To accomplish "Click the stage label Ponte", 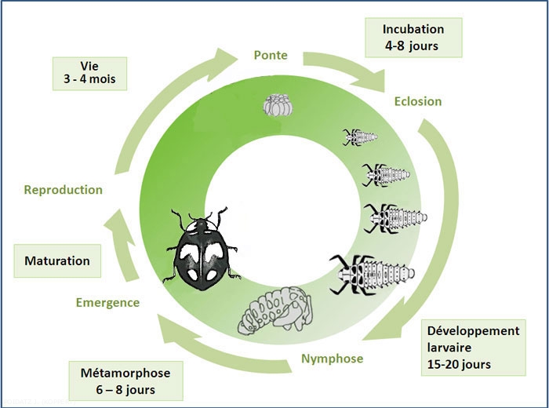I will click(x=271, y=55).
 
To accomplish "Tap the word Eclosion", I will click(x=417, y=101).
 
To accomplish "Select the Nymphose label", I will click(x=332, y=359).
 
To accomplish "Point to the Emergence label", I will click(x=107, y=302).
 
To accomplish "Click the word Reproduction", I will click(x=64, y=189).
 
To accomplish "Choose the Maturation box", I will click(x=57, y=260).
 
